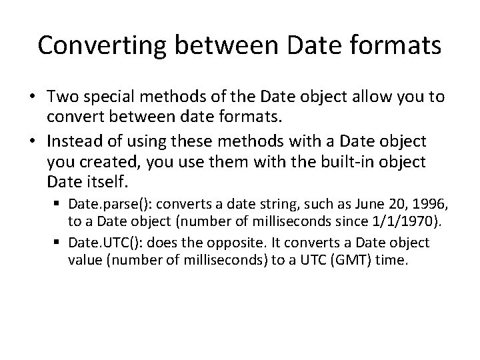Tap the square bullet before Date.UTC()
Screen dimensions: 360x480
coord(57,243)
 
